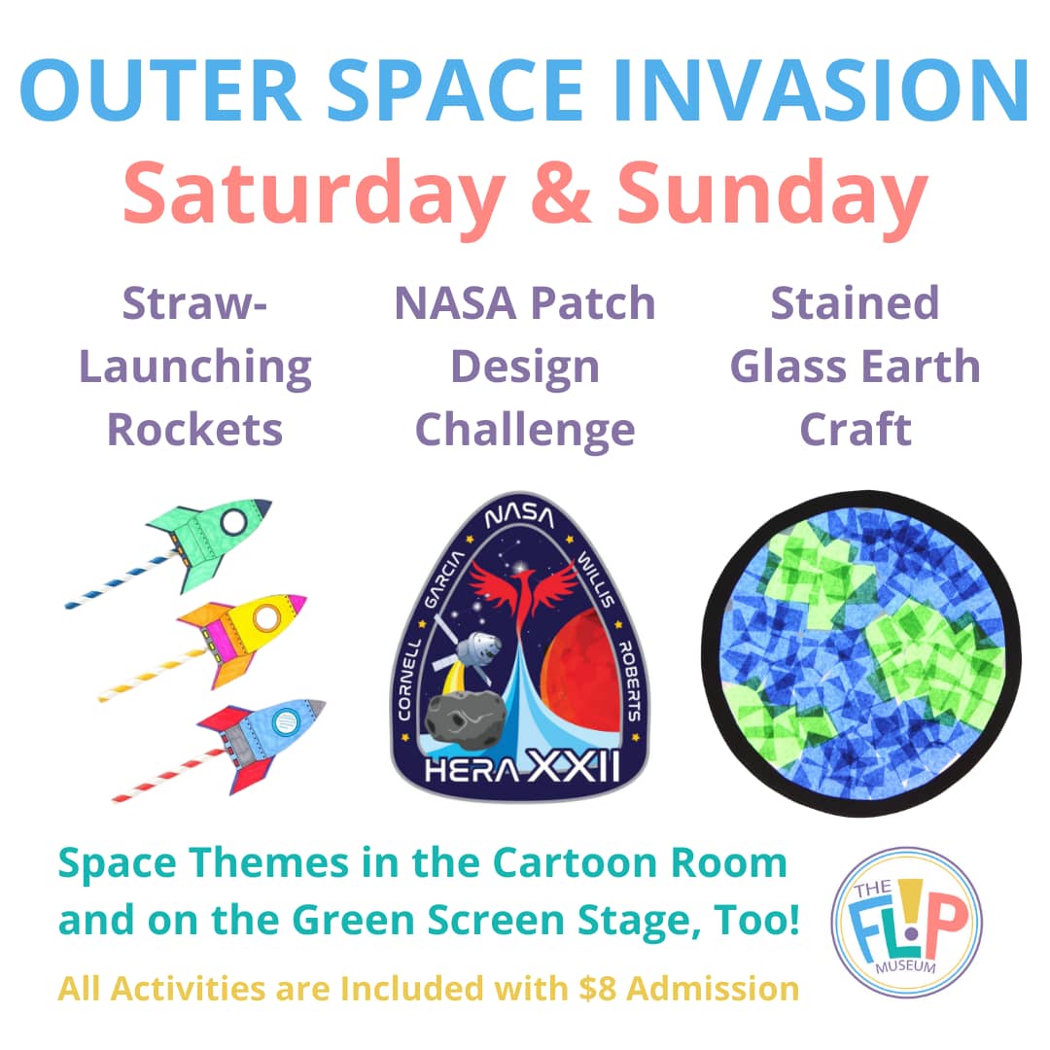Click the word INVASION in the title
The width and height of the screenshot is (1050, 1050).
(x=821, y=90)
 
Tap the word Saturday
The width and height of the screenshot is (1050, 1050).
(x=313, y=194)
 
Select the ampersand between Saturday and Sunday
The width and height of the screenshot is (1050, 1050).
(x=561, y=192)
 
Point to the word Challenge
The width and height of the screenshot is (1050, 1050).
(x=525, y=431)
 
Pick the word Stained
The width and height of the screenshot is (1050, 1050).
(x=856, y=303)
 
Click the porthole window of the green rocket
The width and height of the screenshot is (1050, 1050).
(x=234, y=521)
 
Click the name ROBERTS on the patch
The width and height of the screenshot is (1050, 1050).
(x=628, y=679)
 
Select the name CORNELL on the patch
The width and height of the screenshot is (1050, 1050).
(x=409, y=679)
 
